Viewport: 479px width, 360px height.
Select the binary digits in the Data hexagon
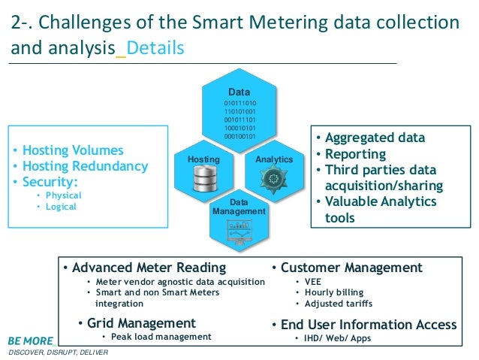click(239, 119)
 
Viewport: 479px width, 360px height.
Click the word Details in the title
click(154, 49)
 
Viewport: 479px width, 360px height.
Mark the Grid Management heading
click(142, 323)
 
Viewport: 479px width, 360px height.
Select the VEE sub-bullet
click(313, 281)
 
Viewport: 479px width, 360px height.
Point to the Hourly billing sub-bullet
click(333, 292)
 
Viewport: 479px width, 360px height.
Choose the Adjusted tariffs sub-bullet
click(338, 304)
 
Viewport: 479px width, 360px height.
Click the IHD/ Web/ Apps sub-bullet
click(337, 338)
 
